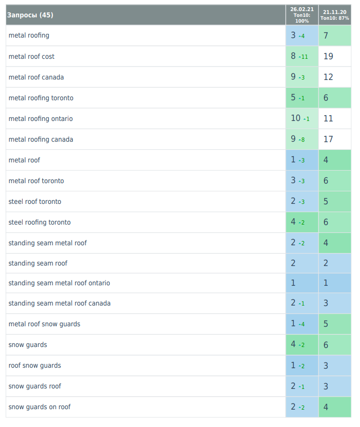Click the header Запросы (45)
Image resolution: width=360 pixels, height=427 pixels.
click(x=30, y=15)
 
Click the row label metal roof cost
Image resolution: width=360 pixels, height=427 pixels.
click(x=31, y=56)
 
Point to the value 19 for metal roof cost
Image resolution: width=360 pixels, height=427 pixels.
click(x=328, y=56)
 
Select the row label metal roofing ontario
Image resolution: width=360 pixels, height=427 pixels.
click(x=40, y=119)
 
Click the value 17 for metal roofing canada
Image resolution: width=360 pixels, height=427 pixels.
click(x=328, y=139)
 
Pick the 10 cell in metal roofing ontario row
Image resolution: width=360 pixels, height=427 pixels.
click(x=295, y=119)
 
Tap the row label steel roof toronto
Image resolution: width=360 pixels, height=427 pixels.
click(x=35, y=201)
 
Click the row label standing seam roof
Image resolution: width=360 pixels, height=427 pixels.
click(x=38, y=263)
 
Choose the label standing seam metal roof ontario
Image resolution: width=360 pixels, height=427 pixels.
click(x=59, y=283)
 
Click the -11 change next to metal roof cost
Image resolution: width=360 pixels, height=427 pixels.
click(x=303, y=57)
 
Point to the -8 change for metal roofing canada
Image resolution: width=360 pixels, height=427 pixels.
click(x=302, y=140)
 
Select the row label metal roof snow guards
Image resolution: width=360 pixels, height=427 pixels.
click(x=44, y=324)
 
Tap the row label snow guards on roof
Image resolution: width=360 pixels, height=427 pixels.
click(x=40, y=407)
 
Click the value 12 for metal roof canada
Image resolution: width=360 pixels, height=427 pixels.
click(x=328, y=77)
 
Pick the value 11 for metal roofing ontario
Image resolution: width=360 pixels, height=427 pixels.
click(x=328, y=119)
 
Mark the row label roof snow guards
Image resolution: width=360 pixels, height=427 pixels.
click(x=35, y=365)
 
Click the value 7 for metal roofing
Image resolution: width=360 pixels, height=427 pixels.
click(x=326, y=36)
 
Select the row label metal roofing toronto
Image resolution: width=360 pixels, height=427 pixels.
click(x=41, y=98)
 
